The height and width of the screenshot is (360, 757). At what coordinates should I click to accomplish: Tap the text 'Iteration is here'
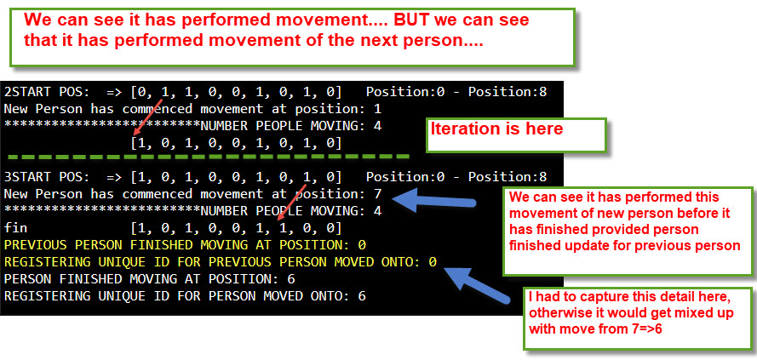tap(496, 129)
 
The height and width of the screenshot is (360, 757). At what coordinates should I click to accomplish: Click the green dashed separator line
tap(209, 157)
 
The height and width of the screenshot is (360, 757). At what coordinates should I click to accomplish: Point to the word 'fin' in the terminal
tap(15, 227)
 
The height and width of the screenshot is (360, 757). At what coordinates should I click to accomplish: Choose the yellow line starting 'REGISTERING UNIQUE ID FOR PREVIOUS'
tap(221, 261)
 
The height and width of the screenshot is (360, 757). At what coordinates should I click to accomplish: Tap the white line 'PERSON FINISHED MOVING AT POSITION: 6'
tap(149, 279)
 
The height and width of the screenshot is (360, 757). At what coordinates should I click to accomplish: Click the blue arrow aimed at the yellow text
tap(477, 285)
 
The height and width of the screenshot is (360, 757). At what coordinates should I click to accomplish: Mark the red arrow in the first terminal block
tap(147, 117)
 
